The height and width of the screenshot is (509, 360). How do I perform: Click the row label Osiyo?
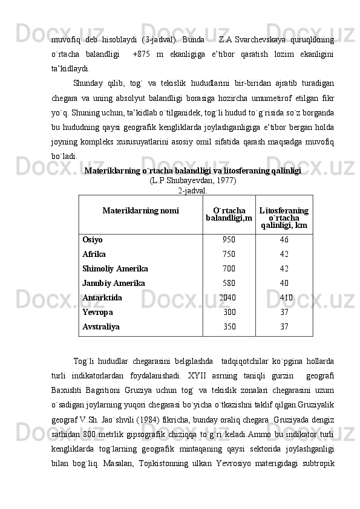(93, 239)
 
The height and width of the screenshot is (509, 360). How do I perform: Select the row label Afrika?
(94, 254)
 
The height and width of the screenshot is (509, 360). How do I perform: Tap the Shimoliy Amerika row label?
(115, 268)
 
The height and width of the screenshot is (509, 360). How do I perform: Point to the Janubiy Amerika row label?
(113, 283)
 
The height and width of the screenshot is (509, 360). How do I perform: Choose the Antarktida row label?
(102, 297)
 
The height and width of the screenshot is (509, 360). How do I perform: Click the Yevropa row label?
(97, 312)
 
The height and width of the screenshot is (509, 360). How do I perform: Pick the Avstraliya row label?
(100, 326)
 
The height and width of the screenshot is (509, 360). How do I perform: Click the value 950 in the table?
(229, 239)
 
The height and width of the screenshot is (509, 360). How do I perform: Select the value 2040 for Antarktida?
(227, 297)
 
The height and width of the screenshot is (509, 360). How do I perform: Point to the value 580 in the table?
(229, 283)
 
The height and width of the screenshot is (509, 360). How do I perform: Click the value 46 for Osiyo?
(284, 239)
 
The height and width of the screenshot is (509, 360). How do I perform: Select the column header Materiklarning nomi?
(140, 211)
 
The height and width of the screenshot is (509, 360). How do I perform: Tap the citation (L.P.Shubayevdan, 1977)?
(192, 181)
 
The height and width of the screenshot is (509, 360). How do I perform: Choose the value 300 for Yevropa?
(229, 312)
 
